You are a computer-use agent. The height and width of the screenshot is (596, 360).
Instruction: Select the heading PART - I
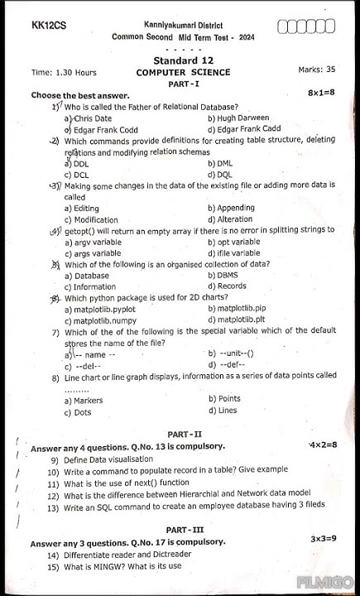pos(183,84)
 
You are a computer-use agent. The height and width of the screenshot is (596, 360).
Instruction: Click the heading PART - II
pos(185,435)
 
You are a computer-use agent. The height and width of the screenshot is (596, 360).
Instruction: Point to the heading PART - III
pos(185,530)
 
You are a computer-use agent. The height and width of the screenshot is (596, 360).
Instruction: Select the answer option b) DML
pos(218,164)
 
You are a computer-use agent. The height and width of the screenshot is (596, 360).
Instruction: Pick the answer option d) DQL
pos(219,175)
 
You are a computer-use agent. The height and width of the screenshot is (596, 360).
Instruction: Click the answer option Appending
pos(235,208)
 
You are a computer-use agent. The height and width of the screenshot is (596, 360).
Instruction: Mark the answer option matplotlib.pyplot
pos(104,309)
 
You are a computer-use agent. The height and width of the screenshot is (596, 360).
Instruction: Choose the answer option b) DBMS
pos(223,275)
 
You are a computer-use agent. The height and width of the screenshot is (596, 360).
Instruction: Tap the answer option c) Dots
pos(78,411)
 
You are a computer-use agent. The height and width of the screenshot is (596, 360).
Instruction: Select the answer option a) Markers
pos(84,400)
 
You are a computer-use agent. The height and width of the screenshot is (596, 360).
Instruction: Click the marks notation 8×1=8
pos(321,94)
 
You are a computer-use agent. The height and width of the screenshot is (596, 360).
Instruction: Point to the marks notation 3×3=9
pos(323,539)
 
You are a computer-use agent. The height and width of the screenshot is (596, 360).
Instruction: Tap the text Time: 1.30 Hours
pos(64,72)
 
